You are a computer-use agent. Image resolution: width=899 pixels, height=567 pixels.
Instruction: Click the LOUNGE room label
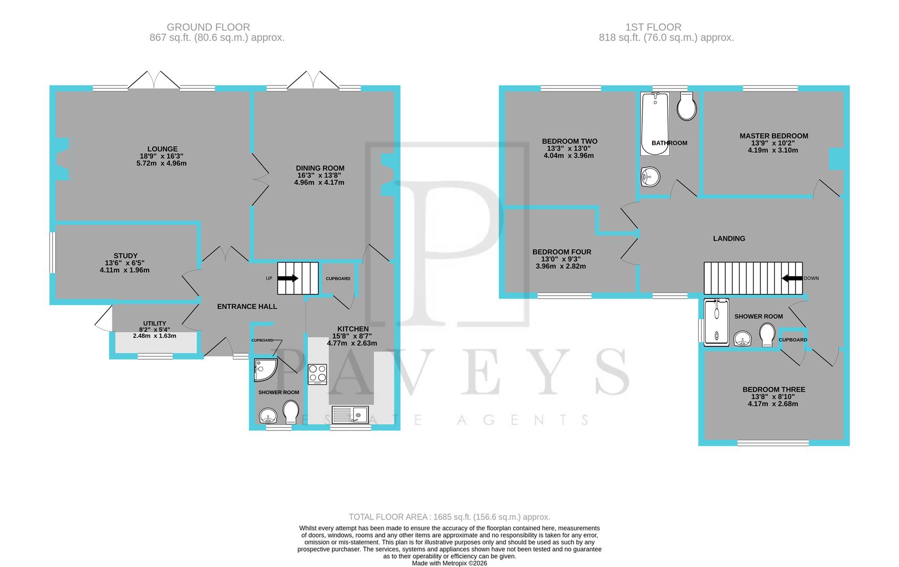tap(162, 149)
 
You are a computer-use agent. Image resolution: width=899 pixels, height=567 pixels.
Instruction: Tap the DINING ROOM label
tap(319, 169)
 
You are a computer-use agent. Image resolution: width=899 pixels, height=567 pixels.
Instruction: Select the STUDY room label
tap(126, 256)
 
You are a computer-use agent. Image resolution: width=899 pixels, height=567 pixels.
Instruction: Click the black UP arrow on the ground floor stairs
tap(288, 278)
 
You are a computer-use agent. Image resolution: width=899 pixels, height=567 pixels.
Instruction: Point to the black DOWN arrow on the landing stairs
tap(792, 278)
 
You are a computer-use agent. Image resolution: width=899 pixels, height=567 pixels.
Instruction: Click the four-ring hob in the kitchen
tap(317, 374)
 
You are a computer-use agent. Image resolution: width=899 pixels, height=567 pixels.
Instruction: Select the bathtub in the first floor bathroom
tap(655, 124)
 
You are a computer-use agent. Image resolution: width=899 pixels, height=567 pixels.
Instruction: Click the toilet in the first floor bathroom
tap(687, 107)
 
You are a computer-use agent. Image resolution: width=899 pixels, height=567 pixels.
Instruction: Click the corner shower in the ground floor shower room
tap(264, 370)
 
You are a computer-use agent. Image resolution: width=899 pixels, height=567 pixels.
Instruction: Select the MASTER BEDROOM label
tap(773, 136)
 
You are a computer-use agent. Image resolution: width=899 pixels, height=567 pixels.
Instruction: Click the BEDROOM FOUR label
tap(561, 252)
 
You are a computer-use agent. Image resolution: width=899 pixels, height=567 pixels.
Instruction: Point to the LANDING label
tap(729, 238)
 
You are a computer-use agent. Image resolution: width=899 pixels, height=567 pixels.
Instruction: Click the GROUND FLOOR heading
tap(208, 27)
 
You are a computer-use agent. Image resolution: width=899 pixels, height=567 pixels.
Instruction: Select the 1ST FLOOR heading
tap(653, 27)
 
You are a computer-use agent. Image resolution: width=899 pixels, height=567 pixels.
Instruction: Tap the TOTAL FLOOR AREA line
tap(449, 517)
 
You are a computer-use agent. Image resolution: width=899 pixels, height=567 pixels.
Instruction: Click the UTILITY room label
tap(154, 323)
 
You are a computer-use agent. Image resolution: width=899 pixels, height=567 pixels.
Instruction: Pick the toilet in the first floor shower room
tap(767, 334)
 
